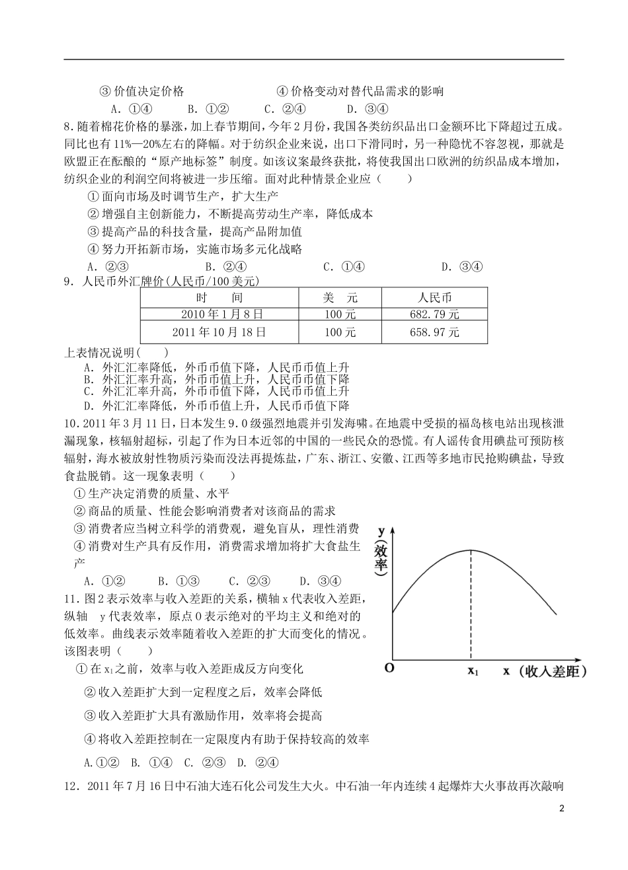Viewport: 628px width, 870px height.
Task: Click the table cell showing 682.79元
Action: pos(434,314)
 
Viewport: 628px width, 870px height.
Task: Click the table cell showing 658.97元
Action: pos(434,332)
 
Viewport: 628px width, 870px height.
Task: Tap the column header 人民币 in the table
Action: pos(434,297)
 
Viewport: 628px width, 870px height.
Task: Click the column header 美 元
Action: pos(340,297)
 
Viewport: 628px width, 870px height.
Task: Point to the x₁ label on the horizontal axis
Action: pos(472,672)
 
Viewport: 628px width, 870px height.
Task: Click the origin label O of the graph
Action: pos(389,668)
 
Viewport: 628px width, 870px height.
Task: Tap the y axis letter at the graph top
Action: pos(381,530)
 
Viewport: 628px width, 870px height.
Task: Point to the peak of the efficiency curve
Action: pos(471,551)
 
